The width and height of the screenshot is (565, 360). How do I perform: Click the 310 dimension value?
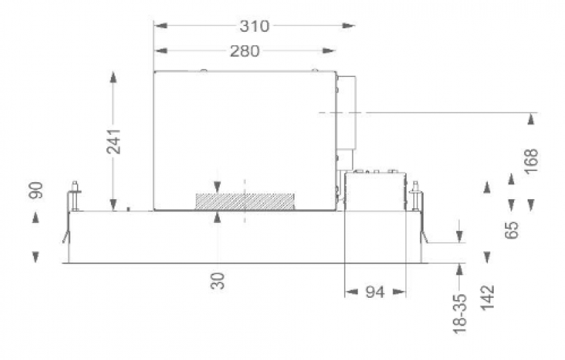click(254, 26)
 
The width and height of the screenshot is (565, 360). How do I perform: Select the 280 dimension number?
click(244, 51)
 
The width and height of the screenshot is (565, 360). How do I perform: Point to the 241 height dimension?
click(114, 140)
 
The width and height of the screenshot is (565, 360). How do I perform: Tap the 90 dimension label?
click(36, 190)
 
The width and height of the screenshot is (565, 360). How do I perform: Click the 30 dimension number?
click(218, 281)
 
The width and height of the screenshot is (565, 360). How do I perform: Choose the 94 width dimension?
click(375, 292)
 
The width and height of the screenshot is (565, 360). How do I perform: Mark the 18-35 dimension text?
click(460, 314)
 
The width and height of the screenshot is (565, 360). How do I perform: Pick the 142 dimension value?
click(487, 297)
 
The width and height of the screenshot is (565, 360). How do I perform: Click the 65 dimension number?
click(511, 230)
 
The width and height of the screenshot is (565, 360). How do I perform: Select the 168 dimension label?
click(532, 161)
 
